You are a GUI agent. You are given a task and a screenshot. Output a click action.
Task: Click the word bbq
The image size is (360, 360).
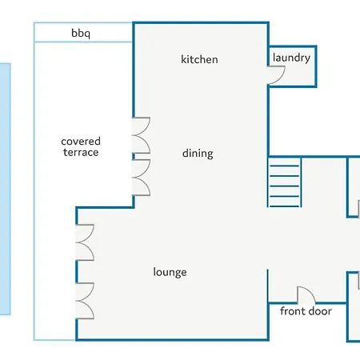point(81,34)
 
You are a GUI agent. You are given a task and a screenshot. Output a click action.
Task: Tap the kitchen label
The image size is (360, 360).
point(199,59)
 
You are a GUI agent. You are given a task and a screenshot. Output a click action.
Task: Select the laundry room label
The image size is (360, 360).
point(291,58)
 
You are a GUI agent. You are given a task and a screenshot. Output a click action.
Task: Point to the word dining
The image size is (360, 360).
point(198,154)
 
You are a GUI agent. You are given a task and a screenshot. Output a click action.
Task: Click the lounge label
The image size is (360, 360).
point(170,272)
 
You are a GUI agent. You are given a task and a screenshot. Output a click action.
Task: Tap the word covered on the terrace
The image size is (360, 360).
point(81,142)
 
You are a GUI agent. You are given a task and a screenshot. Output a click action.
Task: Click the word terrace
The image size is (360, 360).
point(81,152)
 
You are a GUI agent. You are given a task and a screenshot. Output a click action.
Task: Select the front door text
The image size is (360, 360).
point(306,311)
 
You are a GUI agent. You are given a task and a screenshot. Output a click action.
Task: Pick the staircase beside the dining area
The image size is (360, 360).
point(285,182)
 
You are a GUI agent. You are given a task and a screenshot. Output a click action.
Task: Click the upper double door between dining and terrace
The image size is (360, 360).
point(142,135)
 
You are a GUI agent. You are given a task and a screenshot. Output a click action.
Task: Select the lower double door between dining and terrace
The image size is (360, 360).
point(142,178)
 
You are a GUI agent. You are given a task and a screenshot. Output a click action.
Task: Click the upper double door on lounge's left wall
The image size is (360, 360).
point(85,242)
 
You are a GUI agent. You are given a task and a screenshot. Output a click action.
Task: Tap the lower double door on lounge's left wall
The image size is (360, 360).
point(85,301)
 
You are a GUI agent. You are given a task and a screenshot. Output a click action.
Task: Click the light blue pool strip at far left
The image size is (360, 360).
point(5,189)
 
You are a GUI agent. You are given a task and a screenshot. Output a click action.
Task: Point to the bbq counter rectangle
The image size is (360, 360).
point(83,32)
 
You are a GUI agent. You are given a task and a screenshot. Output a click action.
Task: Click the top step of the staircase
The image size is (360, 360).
point(285,166)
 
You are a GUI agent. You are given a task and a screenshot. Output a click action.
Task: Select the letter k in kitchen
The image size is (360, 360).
point(183,59)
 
